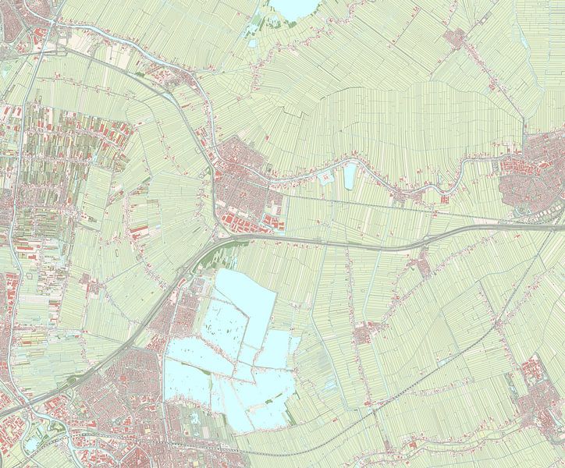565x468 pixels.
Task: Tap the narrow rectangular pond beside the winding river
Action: pos(350,176)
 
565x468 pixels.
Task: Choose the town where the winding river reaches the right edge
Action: pos(531,172)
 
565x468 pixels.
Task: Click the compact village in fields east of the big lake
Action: pos(364,335)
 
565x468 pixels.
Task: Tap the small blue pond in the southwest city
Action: pos(33,445)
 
